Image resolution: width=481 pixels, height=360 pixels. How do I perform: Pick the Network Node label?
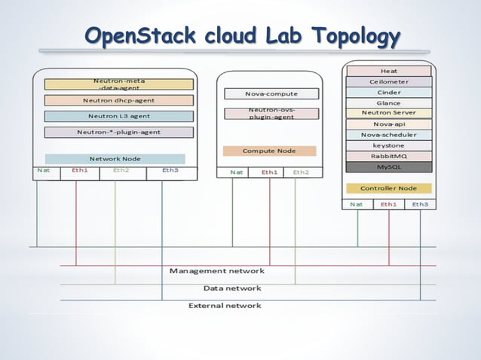(115, 159)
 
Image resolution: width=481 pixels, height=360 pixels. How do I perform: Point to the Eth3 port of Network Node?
(170, 170)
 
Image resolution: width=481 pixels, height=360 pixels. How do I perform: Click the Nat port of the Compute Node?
(236, 172)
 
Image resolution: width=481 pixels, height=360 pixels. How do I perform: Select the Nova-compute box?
(271, 94)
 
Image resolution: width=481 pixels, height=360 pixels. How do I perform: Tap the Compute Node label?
(269, 151)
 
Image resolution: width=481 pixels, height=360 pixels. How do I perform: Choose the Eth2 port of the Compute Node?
(301, 172)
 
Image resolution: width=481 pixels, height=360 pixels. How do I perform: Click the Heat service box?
(388, 71)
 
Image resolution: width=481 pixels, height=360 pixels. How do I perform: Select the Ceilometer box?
(388, 81)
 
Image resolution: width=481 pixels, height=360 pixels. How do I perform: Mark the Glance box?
(388, 102)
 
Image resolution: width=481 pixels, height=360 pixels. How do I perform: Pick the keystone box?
(388, 145)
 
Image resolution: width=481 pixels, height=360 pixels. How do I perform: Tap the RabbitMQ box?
(388, 156)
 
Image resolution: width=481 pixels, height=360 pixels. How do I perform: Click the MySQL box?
(388, 166)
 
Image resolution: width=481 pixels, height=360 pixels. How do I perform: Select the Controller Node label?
(388, 188)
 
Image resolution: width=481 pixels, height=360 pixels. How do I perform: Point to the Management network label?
(216, 270)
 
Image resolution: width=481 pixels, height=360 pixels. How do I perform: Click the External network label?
(225, 306)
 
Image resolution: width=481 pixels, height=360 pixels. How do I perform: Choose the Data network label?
(232, 288)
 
